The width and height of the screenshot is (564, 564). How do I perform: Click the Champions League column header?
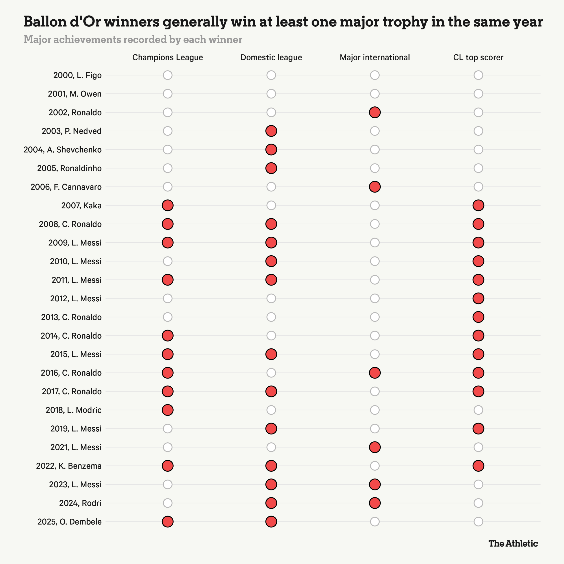click(168, 58)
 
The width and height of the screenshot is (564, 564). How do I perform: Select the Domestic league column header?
click(271, 58)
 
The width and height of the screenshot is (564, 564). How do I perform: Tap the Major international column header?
click(375, 58)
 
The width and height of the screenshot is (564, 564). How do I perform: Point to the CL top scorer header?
click(478, 58)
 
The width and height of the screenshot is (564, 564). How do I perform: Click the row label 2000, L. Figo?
click(77, 75)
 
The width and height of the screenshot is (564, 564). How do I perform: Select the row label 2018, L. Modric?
click(74, 410)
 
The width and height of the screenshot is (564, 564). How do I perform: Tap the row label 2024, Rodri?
click(80, 503)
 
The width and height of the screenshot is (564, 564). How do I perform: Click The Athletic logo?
click(513, 543)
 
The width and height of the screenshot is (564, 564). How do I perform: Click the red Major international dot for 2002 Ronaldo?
click(375, 112)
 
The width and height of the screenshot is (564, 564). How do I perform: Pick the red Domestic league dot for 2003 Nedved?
click(271, 131)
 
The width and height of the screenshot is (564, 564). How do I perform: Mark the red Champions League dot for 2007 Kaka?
click(168, 206)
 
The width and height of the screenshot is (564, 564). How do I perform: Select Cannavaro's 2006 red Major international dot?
click(375, 187)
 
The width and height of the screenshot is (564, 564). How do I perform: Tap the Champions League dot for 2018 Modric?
click(168, 410)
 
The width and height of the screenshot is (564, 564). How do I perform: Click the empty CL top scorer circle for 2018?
click(478, 410)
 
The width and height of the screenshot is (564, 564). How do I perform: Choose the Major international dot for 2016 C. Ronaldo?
click(375, 373)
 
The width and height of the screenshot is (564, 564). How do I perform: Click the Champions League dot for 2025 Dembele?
click(168, 522)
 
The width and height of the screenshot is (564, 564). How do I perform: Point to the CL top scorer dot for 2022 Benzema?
click(478, 466)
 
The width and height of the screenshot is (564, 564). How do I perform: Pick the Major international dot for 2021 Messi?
click(375, 447)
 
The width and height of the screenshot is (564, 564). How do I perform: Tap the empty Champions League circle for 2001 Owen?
click(168, 94)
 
